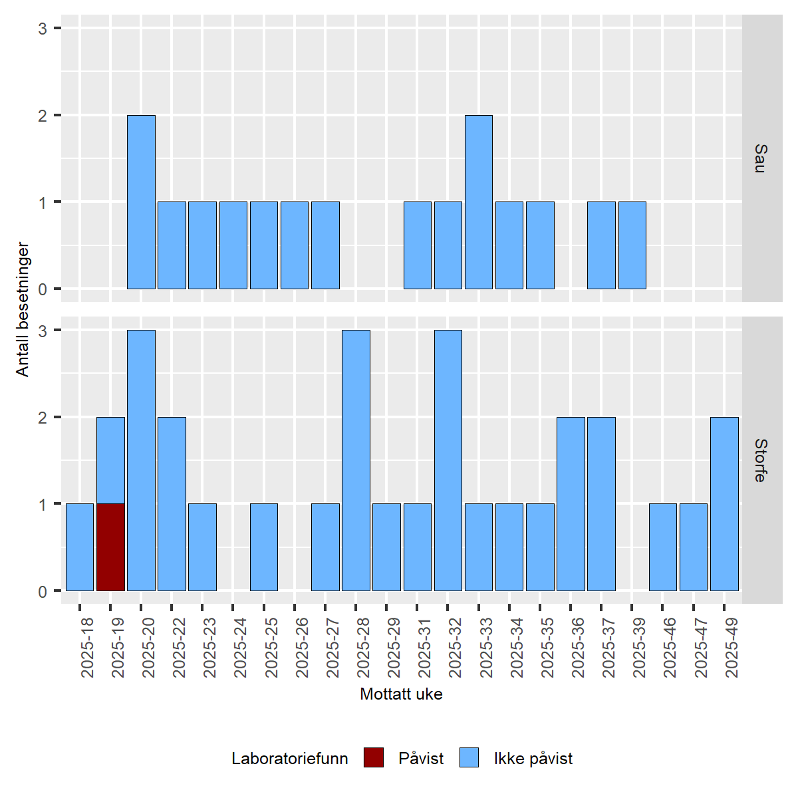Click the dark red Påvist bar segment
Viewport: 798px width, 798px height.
[x=110, y=547]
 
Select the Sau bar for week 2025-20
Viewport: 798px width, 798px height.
[x=141, y=202]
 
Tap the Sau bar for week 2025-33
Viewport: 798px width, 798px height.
[x=479, y=202]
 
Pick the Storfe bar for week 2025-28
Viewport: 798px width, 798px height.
[x=356, y=460]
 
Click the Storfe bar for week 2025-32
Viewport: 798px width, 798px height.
[x=448, y=460]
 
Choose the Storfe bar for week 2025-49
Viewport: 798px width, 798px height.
[x=724, y=503]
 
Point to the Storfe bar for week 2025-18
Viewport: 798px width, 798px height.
[x=80, y=547]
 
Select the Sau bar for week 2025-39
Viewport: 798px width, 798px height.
[x=632, y=245]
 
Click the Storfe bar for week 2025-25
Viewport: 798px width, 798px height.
[x=264, y=547]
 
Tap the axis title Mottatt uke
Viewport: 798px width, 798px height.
[x=401, y=694]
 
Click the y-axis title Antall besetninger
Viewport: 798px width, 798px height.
[x=23, y=309]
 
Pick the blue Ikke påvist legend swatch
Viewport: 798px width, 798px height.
[x=469, y=758]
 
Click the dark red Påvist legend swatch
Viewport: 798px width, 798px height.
[x=374, y=758]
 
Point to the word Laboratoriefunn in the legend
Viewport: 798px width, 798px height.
[x=290, y=759]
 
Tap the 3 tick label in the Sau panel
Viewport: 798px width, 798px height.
[x=43, y=29]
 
